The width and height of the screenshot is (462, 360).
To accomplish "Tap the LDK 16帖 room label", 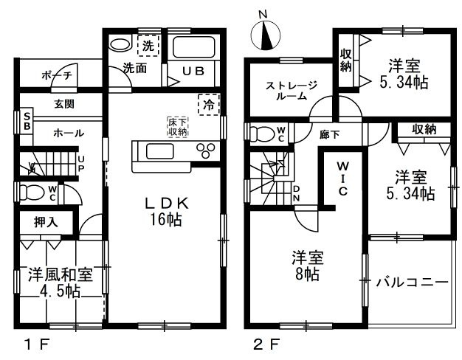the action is coord(166,211).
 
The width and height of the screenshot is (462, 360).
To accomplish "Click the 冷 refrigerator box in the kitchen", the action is coord(209,104).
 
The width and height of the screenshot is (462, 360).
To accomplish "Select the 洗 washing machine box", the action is coord(148,45).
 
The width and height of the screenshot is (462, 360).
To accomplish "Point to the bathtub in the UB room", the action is coord(193,46).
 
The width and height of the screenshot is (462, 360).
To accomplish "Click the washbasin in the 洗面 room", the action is coord(120,44).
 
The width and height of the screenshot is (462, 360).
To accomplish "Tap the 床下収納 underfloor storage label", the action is coord(178,127).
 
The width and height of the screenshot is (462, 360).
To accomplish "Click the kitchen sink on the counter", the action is coord(160,150).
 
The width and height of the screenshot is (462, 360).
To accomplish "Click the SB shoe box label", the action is coord(27,122).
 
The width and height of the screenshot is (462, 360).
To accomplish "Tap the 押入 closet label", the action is coord(46,222).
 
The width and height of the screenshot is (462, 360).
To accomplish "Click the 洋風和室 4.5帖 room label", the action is coord(60,283).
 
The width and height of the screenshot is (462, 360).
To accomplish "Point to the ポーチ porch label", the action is coord(57,76).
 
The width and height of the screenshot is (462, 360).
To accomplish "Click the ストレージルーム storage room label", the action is coord(291,91).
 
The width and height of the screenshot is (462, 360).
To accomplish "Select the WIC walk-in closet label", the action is coord(342,179).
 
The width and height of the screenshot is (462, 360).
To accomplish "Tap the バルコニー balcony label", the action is coord(413,283).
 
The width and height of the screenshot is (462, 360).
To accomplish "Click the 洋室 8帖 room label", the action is coord(308,265).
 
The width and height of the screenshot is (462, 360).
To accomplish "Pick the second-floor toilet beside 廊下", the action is coord(262,133).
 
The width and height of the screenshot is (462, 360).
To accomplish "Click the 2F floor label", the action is coord(267,345).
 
